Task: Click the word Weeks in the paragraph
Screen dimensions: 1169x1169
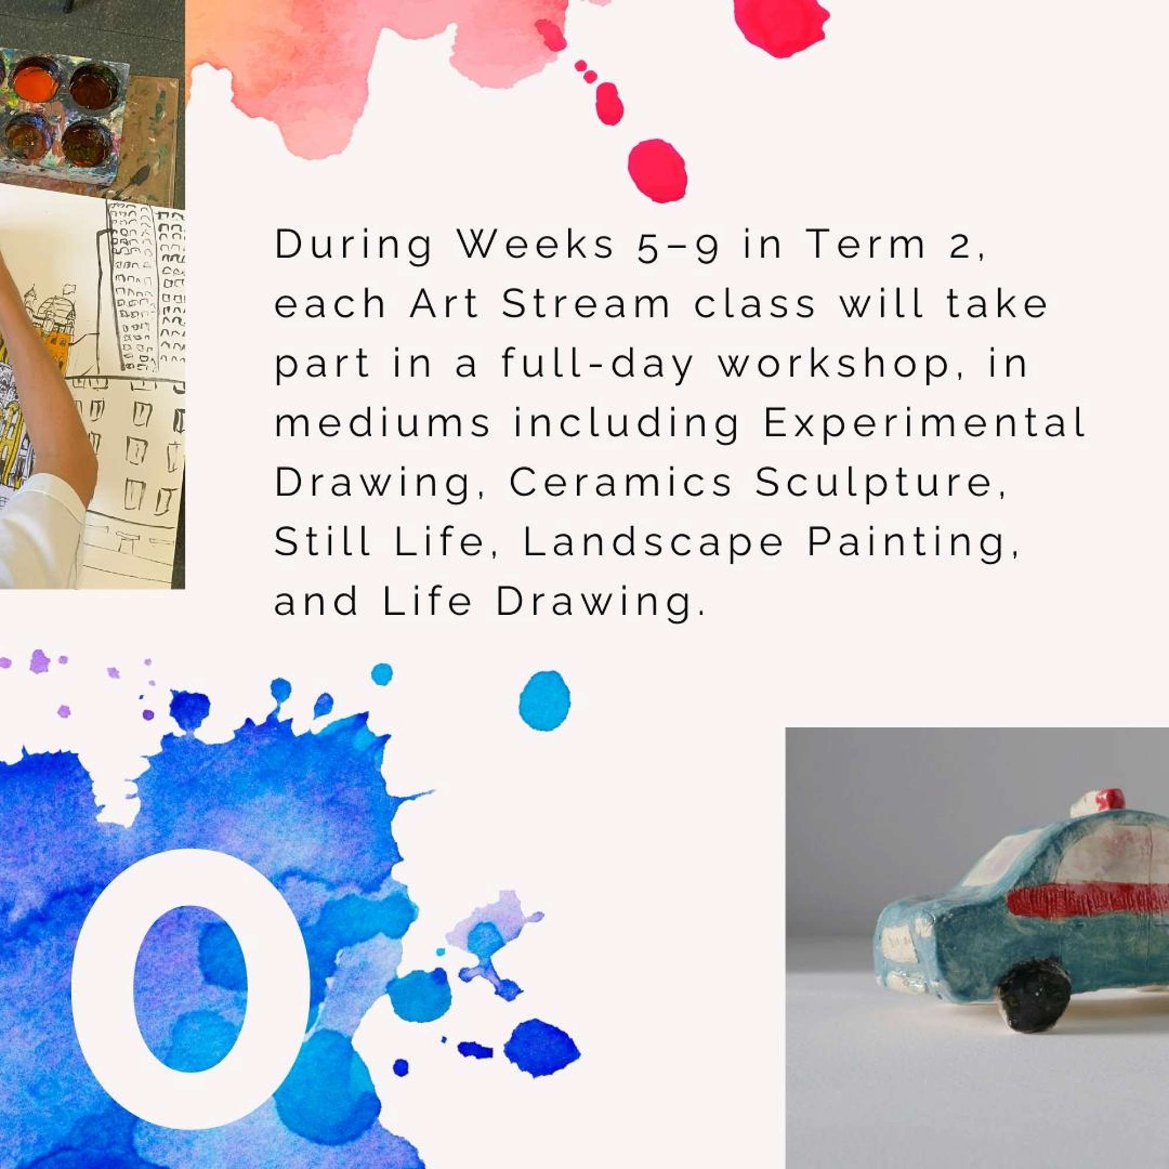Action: [x=535, y=244]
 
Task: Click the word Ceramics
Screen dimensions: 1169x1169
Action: [x=620, y=483]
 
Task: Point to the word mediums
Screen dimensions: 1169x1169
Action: [x=382, y=424]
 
